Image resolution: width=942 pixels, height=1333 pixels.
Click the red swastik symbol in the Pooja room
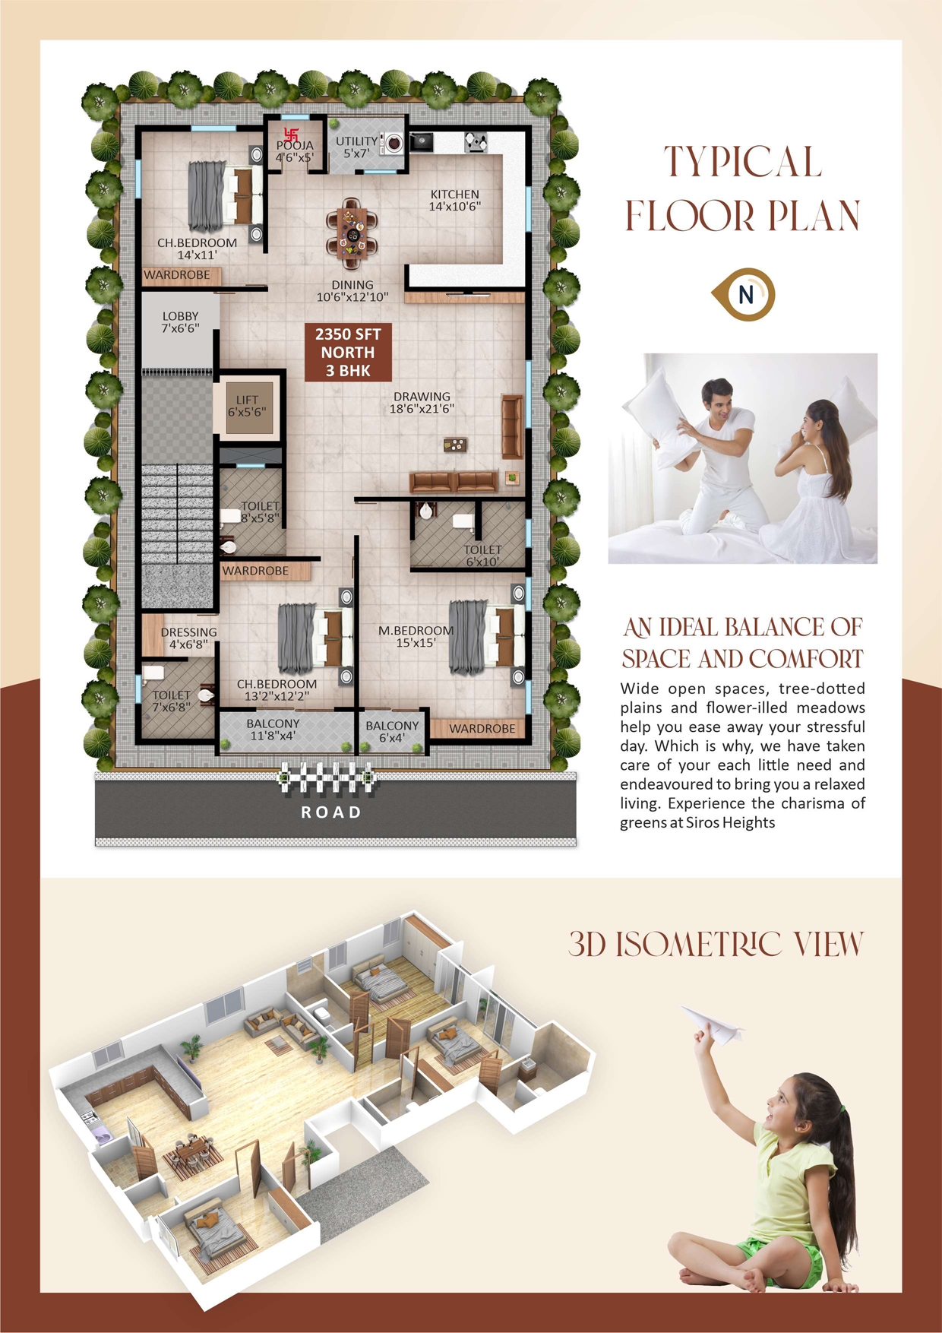(x=291, y=135)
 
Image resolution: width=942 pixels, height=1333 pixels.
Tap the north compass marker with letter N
(x=744, y=294)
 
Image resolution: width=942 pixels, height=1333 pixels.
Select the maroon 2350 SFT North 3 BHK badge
(x=348, y=352)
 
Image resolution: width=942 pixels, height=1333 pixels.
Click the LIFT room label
(x=247, y=406)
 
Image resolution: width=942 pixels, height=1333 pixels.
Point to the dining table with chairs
(x=351, y=233)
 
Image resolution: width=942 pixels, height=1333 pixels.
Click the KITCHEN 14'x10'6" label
(x=454, y=200)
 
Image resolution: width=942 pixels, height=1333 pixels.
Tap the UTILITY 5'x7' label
(x=356, y=147)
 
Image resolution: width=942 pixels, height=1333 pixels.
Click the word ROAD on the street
(x=331, y=812)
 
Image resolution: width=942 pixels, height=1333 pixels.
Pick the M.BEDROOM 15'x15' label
(x=416, y=636)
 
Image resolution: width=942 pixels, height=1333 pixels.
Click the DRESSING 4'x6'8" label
(x=188, y=638)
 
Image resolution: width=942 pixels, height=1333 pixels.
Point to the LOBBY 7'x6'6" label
(x=180, y=322)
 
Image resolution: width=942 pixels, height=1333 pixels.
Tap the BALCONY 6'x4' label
(x=392, y=731)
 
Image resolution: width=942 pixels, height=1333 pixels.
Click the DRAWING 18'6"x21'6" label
(x=422, y=402)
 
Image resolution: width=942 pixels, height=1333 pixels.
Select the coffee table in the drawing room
(x=455, y=445)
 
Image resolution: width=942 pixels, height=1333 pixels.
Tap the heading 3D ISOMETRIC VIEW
(x=716, y=944)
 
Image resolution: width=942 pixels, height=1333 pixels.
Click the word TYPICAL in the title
(x=743, y=162)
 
